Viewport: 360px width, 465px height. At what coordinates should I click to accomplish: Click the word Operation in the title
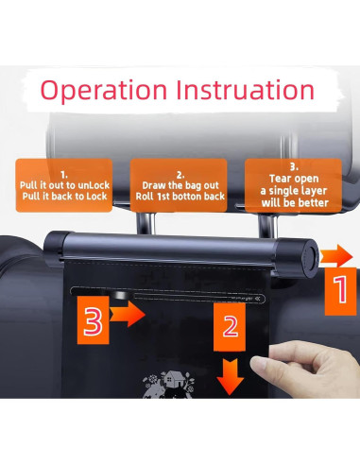(104, 91)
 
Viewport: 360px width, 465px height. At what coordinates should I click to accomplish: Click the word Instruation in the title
(245, 90)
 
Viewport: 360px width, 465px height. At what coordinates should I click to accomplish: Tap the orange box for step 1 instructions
(64, 185)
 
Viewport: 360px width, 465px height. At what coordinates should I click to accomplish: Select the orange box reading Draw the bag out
(179, 185)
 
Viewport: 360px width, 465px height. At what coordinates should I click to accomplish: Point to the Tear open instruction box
(293, 185)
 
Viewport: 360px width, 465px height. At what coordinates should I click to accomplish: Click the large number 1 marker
(341, 291)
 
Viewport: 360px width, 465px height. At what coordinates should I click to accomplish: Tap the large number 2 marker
(230, 327)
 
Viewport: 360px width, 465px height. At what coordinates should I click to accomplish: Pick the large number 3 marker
(94, 320)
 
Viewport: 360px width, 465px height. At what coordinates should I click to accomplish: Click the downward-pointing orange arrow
(231, 376)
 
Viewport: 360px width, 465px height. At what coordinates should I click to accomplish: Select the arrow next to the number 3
(128, 314)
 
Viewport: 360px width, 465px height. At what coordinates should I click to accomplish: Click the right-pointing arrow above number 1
(336, 255)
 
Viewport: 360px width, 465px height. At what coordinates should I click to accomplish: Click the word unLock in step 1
(94, 185)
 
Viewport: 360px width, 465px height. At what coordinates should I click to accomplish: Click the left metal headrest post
(146, 222)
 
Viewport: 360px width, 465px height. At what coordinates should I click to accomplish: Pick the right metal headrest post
(267, 224)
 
